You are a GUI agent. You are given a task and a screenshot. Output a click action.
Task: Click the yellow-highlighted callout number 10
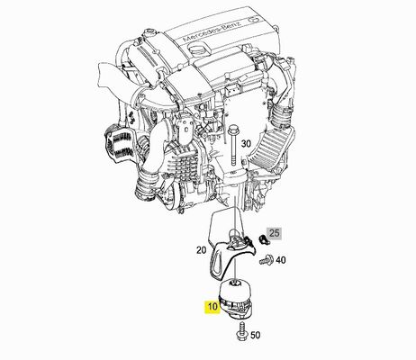[x=213, y=307]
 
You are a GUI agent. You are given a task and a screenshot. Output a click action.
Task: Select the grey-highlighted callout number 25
[x=274, y=233]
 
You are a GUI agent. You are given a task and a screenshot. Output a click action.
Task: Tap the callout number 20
[x=202, y=249]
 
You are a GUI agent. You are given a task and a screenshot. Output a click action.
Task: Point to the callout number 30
[x=246, y=144]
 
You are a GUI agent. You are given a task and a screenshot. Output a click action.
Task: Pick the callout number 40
[x=281, y=260]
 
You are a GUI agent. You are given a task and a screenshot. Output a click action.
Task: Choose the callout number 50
[x=256, y=335]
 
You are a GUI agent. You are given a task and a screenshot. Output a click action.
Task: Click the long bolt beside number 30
[x=233, y=147]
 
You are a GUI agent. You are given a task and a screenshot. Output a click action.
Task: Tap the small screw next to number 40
[x=266, y=260]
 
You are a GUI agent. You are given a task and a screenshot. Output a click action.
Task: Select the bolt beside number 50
[x=242, y=331]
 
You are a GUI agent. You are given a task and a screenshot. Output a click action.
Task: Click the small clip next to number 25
[x=263, y=238]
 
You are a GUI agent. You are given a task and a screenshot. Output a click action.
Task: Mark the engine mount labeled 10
[x=237, y=299]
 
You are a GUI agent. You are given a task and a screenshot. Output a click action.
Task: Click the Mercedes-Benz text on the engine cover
[x=212, y=31]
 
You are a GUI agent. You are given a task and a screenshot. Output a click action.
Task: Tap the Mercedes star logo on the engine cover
[x=254, y=21]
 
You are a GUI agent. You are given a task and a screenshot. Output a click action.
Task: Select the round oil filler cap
[x=198, y=49]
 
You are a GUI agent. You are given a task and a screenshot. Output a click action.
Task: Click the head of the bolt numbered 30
[x=233, y=130]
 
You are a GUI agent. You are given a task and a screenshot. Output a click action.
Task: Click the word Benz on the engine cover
[x=232, y=24]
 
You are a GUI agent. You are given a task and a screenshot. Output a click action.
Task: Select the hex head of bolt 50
[x=241, y=337]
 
